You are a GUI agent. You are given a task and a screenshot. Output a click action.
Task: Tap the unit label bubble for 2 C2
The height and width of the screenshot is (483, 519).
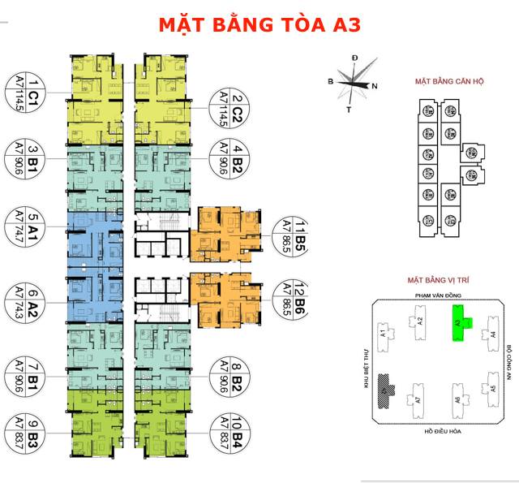click(230, 106)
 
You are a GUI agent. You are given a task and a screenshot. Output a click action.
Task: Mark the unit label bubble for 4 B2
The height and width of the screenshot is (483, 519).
click(230, 158)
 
